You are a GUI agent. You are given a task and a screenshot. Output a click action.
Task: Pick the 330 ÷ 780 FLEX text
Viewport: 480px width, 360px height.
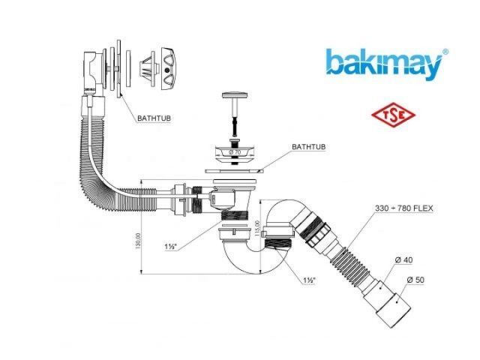(405, 208)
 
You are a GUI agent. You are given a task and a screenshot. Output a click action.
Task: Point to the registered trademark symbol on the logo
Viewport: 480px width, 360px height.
(445, 52)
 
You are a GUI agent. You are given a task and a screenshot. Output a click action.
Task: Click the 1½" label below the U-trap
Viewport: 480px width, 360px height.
(309, 280)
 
